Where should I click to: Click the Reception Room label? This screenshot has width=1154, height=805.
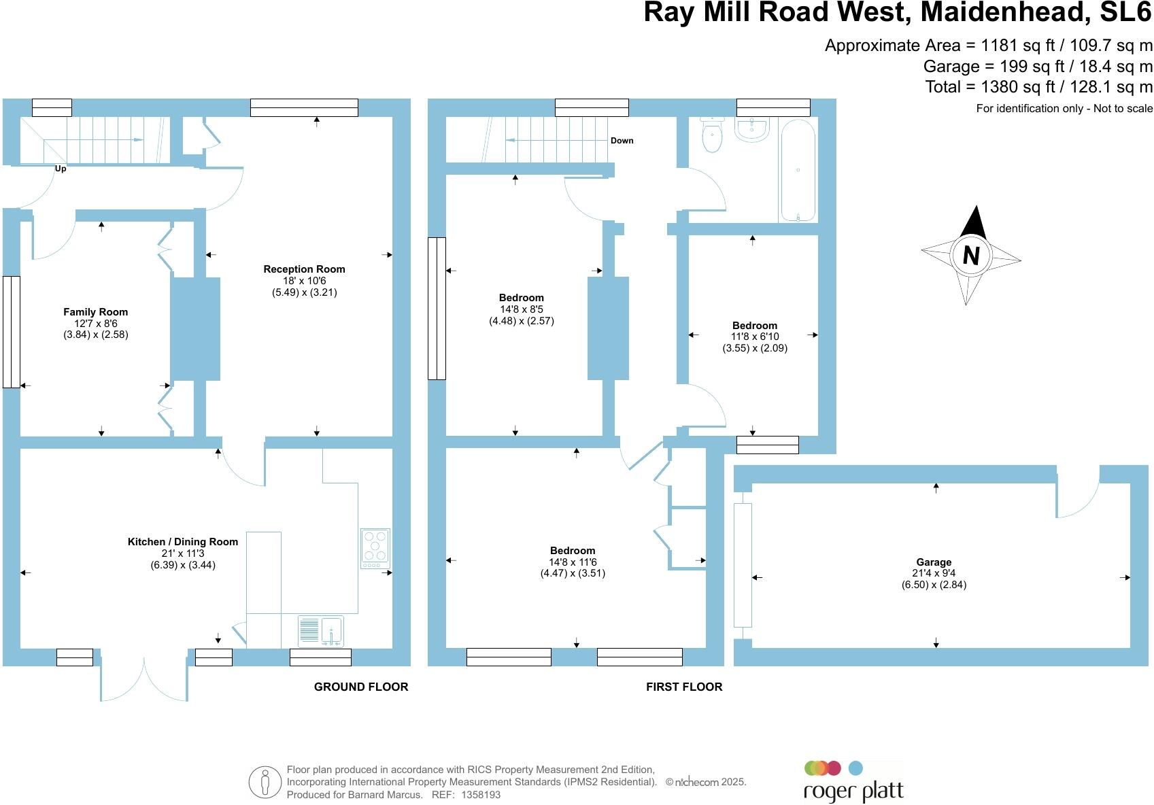(x=304, y=269)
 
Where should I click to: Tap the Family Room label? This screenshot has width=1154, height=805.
(x=95, y=312)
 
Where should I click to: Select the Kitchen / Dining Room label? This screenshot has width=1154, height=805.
(x=183, y=542)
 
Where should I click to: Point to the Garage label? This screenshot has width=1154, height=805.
(x=934, y=562)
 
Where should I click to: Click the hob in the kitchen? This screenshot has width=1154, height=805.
(x=375, y=548)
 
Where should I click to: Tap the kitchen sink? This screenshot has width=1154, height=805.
(x=322, y=631)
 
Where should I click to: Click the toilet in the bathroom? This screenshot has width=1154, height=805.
(x=712, y=135)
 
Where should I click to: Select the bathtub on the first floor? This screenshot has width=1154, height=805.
(x=798, y=171)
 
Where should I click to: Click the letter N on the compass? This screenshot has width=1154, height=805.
(x=971, y=256)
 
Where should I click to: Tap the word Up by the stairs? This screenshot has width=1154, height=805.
(x=61, y=169)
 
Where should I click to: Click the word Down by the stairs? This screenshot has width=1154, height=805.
(x=622, y=141)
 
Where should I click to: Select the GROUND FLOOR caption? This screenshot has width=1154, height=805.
(x=361, y=687)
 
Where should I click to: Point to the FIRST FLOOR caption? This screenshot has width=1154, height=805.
(x=684, y=687)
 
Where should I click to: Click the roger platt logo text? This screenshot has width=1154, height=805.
(x=853, y=792)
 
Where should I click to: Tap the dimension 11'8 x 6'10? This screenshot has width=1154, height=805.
(x=755, y=337)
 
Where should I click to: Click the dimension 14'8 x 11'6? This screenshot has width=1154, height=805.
(x=573, y=562)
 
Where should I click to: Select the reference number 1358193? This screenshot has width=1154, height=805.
(x=481, y=794)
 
